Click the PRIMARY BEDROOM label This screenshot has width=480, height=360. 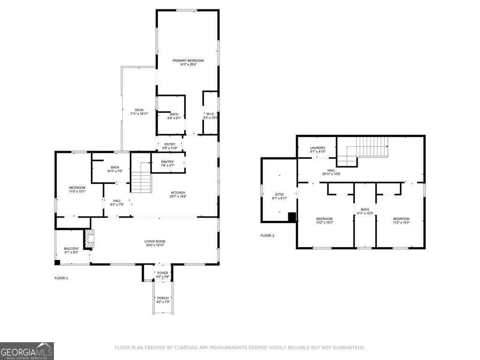(188, 61)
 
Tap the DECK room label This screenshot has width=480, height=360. (139, 110)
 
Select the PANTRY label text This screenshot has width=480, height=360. (167, 162)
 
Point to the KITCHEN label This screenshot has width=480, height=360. (178, 193)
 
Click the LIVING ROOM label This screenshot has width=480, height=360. (155, 241)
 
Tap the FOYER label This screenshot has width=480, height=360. (163, 273)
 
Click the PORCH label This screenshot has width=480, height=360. (163, 298)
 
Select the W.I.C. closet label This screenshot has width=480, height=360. (210, 114)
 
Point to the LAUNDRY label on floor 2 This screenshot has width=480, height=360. (317, 148)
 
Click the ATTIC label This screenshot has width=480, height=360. (279, 194)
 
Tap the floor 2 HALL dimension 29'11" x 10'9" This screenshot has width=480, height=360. (331, 174)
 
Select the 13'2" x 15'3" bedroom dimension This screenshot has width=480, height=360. (324, 223)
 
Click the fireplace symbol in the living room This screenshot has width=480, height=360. (90, 238)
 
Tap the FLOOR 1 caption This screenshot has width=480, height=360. (61, 278)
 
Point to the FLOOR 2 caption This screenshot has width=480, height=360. (267, 235)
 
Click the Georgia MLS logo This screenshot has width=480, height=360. (27, 351)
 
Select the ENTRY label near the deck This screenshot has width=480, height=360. (170, 144)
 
